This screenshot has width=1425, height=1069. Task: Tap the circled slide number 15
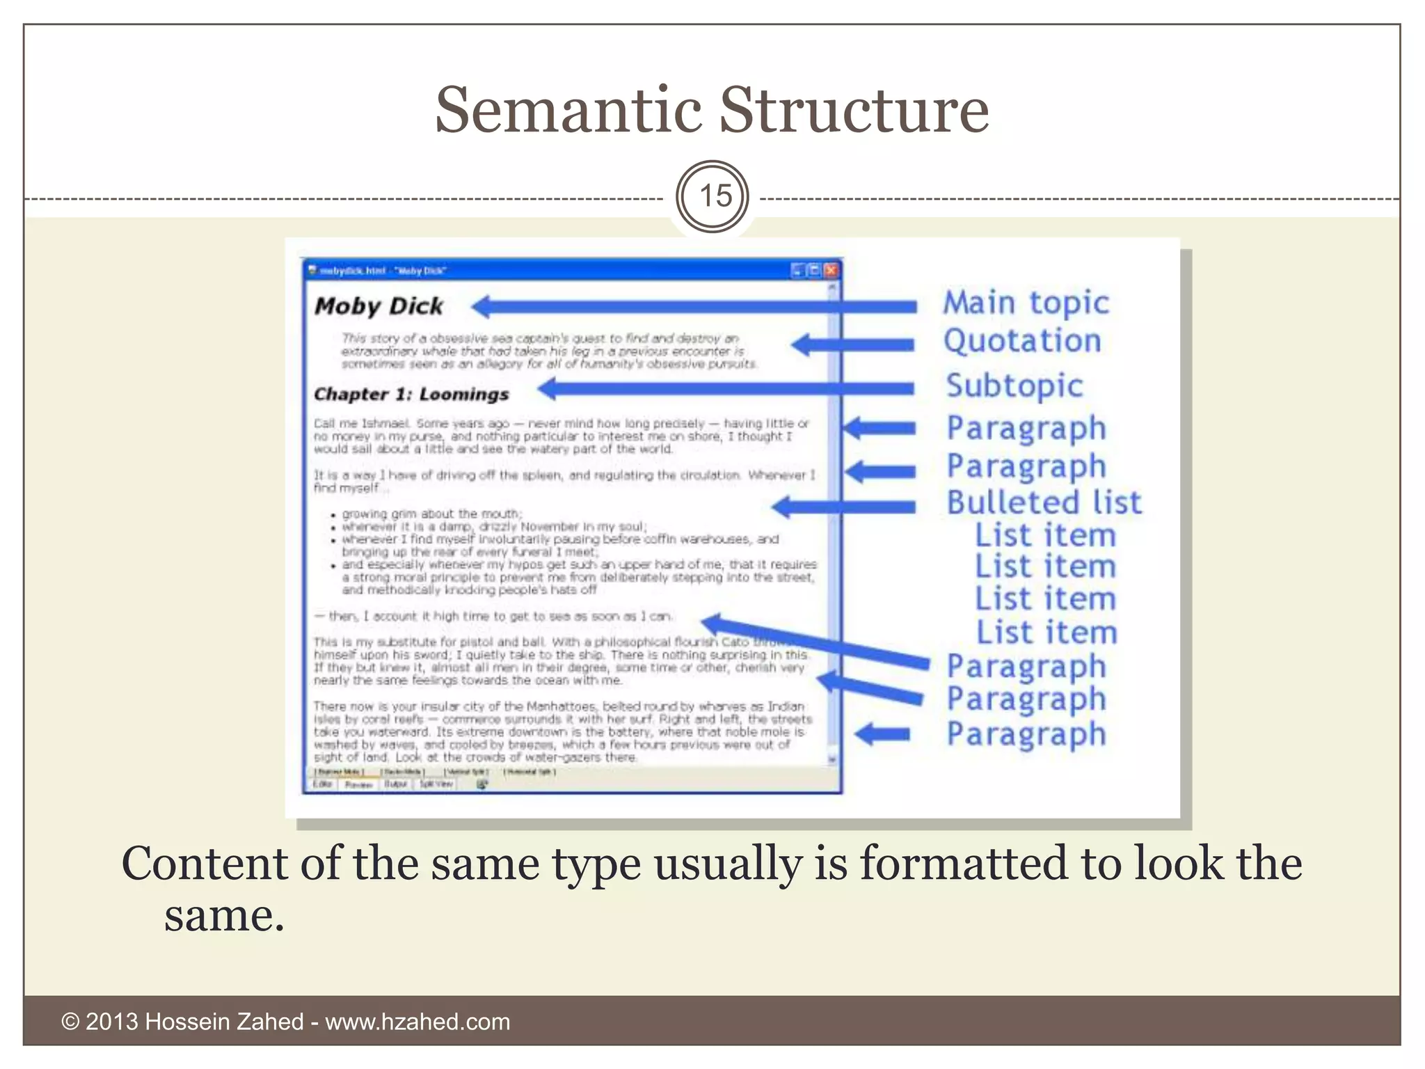point(713,197)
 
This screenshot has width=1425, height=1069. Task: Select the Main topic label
point(1026,303)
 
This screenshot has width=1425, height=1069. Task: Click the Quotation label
point(1022,341)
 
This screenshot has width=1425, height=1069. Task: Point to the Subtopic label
point(1014,386)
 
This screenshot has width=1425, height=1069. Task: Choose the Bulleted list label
point(1044,502)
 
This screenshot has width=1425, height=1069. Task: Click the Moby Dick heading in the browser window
point(379,306)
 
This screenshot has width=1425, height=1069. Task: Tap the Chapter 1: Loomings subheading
point(411,394)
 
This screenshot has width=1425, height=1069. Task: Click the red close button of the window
point(831,271)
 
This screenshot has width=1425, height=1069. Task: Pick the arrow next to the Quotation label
point(852,344)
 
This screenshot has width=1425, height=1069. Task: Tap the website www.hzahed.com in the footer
point(417,1022)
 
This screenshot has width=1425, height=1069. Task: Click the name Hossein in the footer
point(188,1022)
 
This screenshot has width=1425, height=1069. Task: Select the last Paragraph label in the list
point(1026,734)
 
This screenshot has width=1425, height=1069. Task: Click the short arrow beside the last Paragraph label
point(882,734)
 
